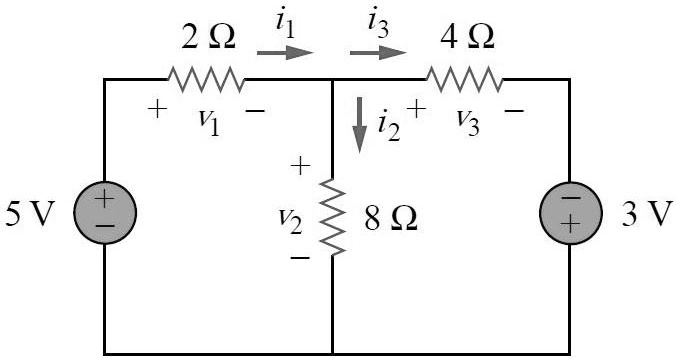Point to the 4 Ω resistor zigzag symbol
[x=465, y=79]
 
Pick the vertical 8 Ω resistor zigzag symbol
[x=332, y=216]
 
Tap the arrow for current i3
[x=377, y=51]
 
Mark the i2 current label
[x=388, y=125]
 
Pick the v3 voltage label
[x=466, y=119]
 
